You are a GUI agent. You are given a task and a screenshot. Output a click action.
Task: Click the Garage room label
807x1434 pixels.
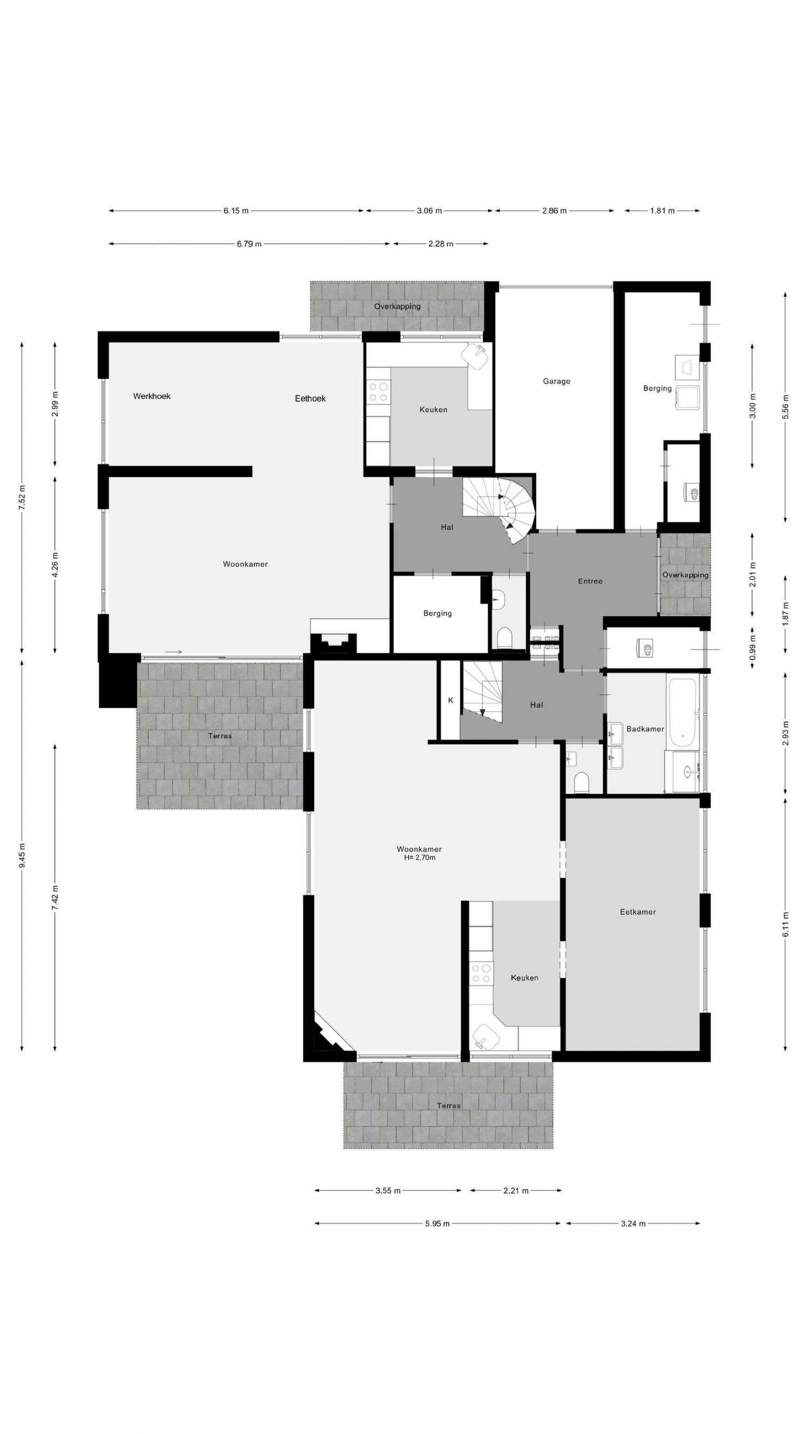click(x=556, y=381)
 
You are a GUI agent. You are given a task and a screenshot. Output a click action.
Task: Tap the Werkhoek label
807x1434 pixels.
click(x=151, y=397)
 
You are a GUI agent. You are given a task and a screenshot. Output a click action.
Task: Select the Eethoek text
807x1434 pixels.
click(x=310, y=399)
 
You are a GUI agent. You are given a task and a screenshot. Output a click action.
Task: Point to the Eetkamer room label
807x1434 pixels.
click(x=638, y=912)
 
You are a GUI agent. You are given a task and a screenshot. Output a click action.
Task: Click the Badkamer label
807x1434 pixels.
click(x=645, y=729)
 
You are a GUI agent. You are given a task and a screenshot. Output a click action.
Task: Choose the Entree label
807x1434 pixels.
click(x=590, y=581)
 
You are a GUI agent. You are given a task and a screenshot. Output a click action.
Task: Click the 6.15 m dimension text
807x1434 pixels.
click(x=236, y=211)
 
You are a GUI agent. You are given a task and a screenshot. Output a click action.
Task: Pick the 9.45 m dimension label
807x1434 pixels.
click(x=22, y=856)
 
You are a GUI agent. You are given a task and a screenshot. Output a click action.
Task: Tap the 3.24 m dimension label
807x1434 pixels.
click(x=633, y=1223)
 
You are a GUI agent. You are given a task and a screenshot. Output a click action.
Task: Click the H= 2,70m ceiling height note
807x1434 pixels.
click(x=419, y=858)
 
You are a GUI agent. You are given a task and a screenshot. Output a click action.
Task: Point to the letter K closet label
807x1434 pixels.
click(x=451, y=700)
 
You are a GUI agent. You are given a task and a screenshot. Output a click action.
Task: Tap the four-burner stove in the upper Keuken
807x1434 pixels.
click(x=378, y=391)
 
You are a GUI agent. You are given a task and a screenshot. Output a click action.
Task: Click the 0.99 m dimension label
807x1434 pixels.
click(x=753, y=648)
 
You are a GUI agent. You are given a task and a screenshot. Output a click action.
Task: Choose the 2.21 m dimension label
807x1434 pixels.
click(x=516, y=1191)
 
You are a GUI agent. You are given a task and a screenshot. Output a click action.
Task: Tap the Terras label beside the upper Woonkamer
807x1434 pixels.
click(x=220, y=736)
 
